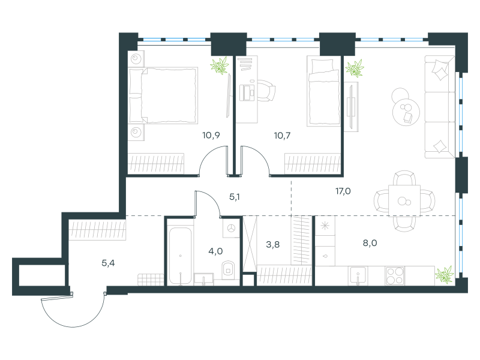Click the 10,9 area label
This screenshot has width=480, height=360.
point(211,135)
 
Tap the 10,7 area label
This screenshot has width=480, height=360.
point(282,136)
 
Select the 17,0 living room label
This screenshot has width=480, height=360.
point(343,191)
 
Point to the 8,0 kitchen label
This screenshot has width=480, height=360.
point(370,243)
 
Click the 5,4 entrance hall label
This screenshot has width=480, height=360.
point(108,263)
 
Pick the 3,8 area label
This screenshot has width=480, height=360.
point(272,245)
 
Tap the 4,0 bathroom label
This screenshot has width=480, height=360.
point(215,251)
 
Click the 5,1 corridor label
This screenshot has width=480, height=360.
point(235,197)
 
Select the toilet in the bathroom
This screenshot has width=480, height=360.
point(228,270)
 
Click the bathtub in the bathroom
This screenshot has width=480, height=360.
point(181,256)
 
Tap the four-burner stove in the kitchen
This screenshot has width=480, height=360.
point(395,275)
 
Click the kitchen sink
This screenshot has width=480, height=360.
point(358,276)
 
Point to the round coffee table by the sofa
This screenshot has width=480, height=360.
point(406,112)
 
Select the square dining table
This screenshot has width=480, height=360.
point(404,200)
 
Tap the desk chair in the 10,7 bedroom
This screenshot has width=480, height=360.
point(266,91)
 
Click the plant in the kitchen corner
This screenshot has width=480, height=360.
point(445,275)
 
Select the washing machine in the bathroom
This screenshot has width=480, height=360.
point(231,228)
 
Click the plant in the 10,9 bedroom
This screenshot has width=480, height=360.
point(220,65)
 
